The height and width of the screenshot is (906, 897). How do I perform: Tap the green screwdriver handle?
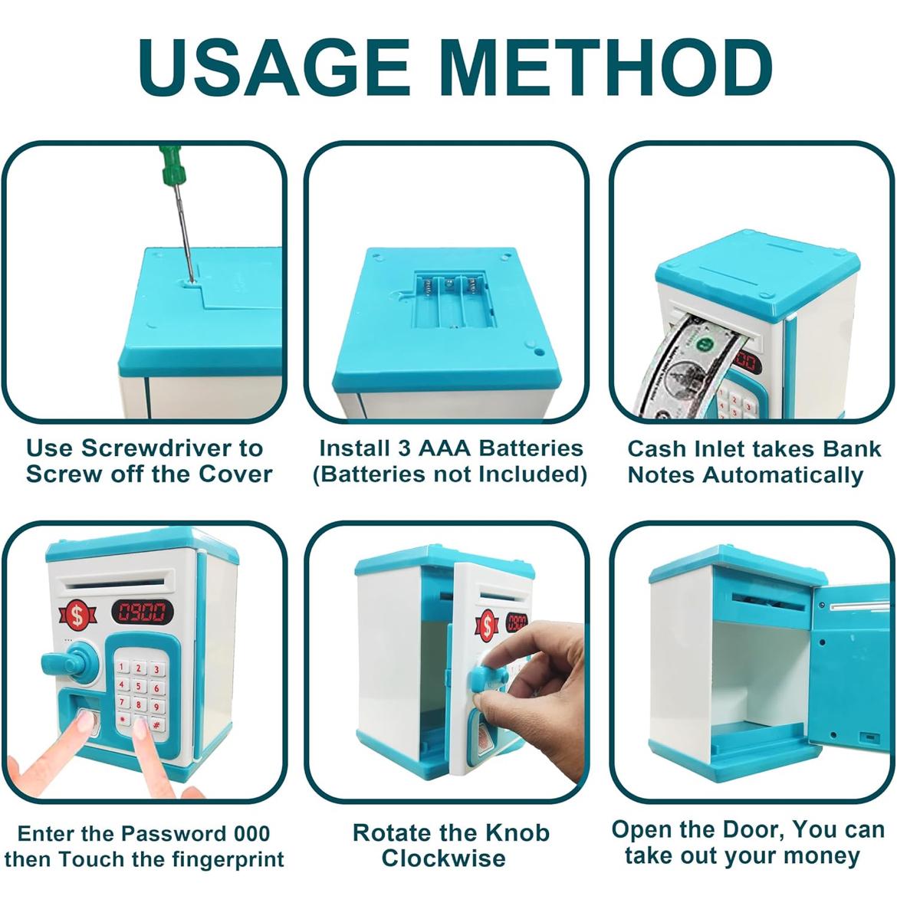(x=170, y=163)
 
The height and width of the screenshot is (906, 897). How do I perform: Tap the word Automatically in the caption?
(x=783, y=475)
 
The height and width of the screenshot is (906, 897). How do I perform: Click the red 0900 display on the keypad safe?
(x=142, y=612)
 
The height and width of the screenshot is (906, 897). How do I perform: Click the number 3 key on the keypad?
(x=156, y=670)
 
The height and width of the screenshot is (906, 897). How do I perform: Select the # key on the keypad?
(x=156, y=724)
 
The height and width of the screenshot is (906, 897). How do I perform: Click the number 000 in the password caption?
(x=252, y=834)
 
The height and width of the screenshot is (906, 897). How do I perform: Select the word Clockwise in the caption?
(x=443, y=858)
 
